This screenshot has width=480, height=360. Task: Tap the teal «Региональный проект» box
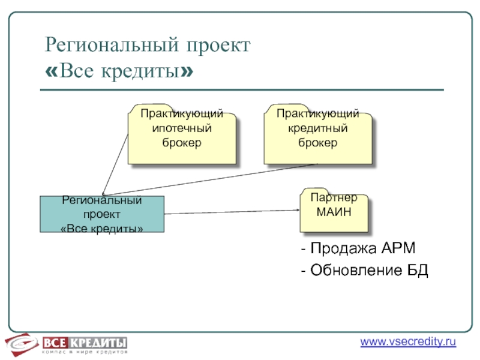click(102, 214)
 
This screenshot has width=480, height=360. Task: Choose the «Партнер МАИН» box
click(334, 212)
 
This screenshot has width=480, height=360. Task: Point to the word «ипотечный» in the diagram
click(182, 128)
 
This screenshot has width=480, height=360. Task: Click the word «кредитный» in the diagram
click(318, 128)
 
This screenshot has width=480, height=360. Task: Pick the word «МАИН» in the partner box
click(334, 212)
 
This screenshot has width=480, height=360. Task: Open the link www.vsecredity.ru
click(408, 342)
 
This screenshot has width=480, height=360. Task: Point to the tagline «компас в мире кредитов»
click(84, 352)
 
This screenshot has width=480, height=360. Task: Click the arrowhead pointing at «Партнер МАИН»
click(298, 210)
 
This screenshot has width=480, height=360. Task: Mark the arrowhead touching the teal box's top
click(103, 193)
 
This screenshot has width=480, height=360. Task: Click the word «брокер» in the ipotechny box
click(182, 143)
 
